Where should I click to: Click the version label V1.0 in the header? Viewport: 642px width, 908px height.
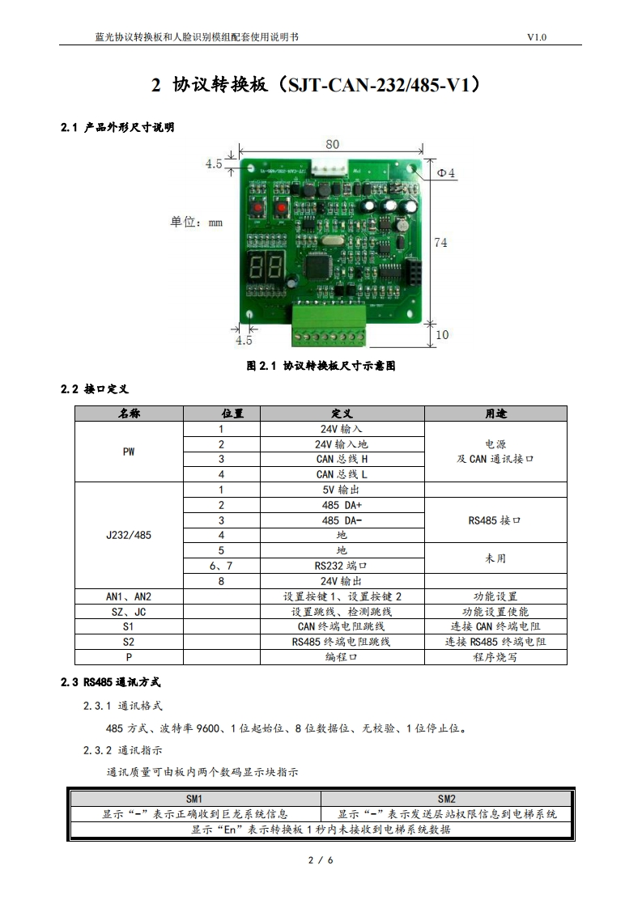pyautogui.click(x=537, y=37)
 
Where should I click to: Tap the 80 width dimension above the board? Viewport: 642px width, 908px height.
pyautogui.click(x=333, y=144)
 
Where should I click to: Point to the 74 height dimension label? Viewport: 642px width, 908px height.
pyautogui.click(x=440, y=242)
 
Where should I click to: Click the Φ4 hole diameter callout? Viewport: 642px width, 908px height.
pyautogui.click(x=446, y=173)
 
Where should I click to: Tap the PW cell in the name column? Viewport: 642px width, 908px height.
pyautogui.click(x=129, y=452)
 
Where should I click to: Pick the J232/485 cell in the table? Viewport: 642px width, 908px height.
pyautogui.click(x=129, y=535)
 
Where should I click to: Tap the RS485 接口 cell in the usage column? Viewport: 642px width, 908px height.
pyautogui.click(x=495, y=520)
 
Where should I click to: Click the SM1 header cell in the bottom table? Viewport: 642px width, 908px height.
pyautogui.click(x=195, y=799)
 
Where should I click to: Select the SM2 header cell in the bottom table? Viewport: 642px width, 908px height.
pyautogui.click(x=447, y=799)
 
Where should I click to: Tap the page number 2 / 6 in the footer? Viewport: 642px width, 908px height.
pyautogui.click(x=321, y=859)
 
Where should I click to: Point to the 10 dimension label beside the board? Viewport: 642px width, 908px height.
pyautogui.click(x=441, y=335)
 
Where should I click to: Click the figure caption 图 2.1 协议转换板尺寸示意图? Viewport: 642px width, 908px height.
pyautogui.click(x=321, y=366)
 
